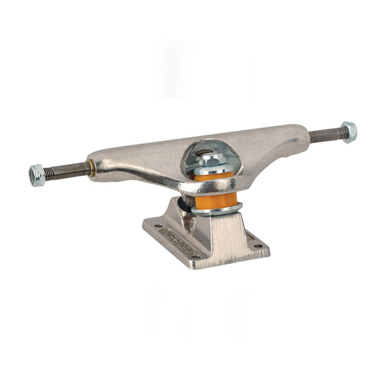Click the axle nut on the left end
click(x=37, y=175)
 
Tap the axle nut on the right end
click(x=349, y=132)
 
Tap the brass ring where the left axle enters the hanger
click(x=92, y=168)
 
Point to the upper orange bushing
click(x=213, y=177)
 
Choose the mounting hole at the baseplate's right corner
click(x=257, y=246)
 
